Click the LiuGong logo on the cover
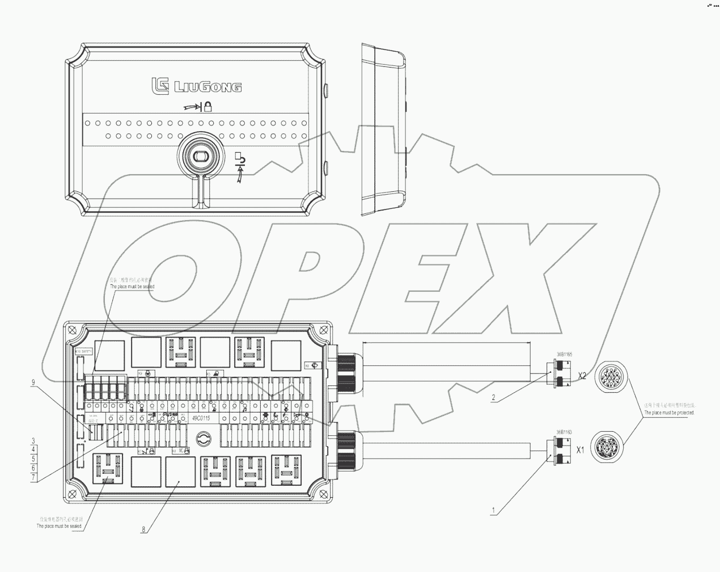[196, 86]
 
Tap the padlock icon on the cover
[208, 106]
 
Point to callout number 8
[143, 529]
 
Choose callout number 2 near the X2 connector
[494, 398]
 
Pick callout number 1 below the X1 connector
[494, 510]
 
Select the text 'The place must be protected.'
[669, 413]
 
